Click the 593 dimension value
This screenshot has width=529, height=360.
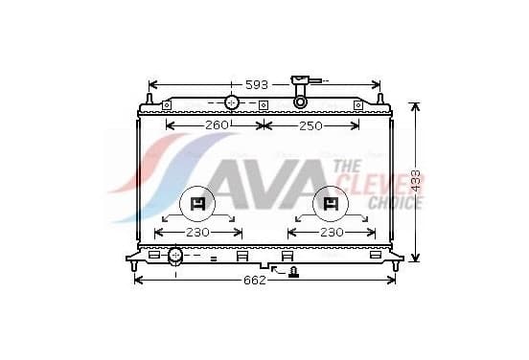[x=257, y=85]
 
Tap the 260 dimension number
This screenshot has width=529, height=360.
[x=217, y=125]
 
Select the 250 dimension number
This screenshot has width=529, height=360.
[x=310, y=126]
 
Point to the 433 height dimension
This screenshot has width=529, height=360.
[x=416, y=181]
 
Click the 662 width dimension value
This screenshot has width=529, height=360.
[x=255, y=281]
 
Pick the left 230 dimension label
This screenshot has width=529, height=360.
[x=197, y=233]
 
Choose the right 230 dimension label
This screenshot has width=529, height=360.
[x=332, y=233]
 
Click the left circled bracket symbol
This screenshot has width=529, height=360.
[x=197, y=204]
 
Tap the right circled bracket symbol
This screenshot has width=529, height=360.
[x=331, y=204]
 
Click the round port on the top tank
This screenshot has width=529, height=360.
[x=232, y=102]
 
